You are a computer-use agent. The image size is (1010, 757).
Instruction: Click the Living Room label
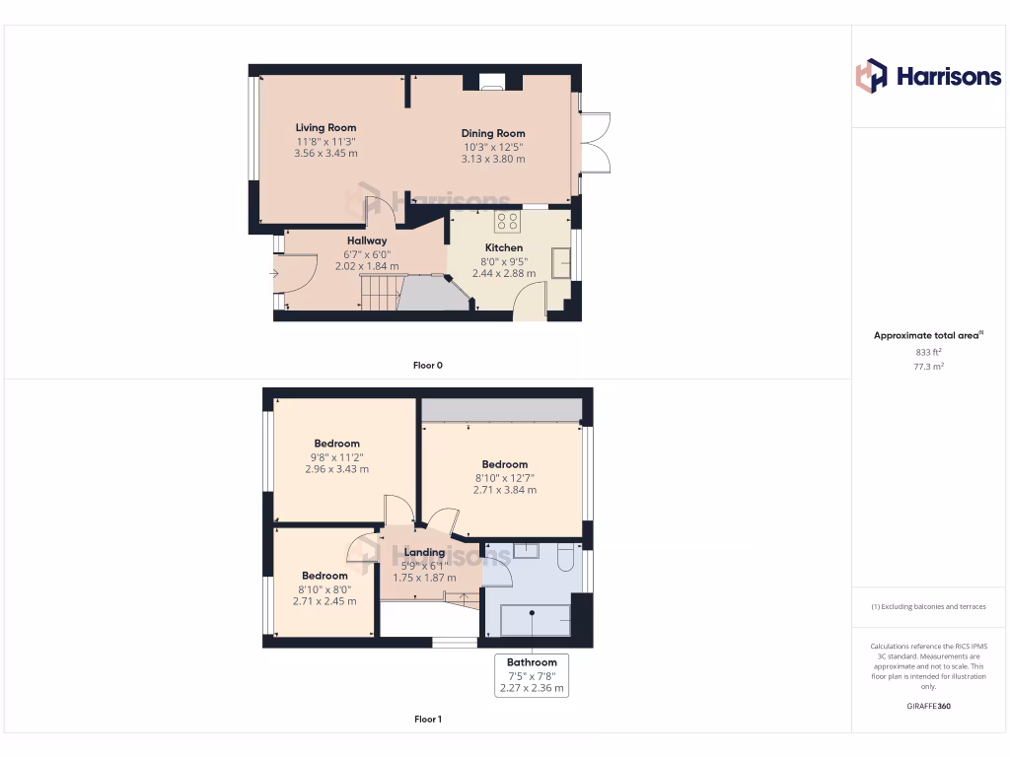point(325,127)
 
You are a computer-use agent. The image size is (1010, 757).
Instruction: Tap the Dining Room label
point(493,133)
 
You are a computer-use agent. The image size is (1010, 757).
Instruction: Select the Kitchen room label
point(503,247)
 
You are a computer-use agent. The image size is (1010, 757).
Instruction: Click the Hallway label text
point(367,241)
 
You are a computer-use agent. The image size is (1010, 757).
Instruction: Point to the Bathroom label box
point(532,676)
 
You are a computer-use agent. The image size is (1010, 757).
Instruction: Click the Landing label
point(424,552)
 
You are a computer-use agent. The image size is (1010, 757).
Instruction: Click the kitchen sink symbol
point(560,261)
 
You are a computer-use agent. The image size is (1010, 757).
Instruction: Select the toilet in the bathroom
point(565,557)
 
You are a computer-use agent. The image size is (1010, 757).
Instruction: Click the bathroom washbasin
point(526,551)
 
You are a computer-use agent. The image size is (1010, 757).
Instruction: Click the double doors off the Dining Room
point(595,143)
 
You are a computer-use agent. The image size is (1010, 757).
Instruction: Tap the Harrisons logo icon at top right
point(871,76)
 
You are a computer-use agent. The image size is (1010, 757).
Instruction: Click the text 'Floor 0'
point(427,366)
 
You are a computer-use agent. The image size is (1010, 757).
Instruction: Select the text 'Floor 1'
point(427,720)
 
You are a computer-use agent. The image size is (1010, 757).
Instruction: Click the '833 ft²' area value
point(928,351)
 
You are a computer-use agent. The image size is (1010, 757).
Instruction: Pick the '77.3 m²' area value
point(928,366)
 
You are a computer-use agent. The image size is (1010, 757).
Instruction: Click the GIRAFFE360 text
point(928,706)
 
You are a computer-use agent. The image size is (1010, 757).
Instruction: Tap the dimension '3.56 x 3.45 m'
point(325,153)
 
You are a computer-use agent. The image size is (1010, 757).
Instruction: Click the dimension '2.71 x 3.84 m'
point(505,490)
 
